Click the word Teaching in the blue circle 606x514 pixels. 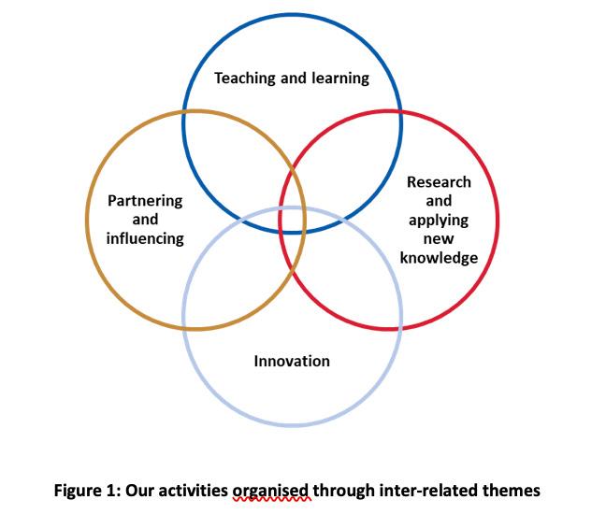tap(245, 79)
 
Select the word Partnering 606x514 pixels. tap(145, 201)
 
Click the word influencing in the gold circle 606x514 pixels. tap(145, 238)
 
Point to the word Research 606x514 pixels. tap(439, 182)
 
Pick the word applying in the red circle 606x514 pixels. tap(439, 221)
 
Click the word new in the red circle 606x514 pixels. tap(439, 239)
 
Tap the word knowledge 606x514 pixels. tap(439, 258)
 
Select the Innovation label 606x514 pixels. tap(292, 361)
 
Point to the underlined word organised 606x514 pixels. tap(271, 491)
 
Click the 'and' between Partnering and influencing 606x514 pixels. tap(145, 220)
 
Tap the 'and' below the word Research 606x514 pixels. tap(439, 201)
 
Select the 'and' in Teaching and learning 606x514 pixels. tap(293, 79)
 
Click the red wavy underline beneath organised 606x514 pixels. tap(271, 501)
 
